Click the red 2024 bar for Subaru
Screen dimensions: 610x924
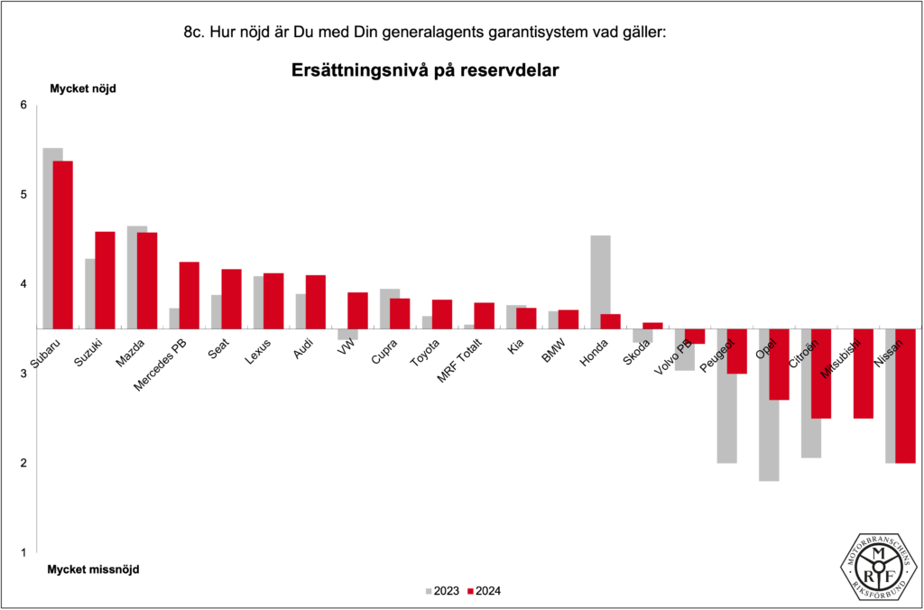click(62, 245)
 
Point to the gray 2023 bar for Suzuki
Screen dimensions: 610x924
click(89, 293)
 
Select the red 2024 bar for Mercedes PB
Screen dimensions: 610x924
click(189, 295)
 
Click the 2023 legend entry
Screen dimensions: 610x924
click(441, 591)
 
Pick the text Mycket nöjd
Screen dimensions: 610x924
click(82, 88)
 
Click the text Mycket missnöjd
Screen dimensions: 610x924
click(93, 569)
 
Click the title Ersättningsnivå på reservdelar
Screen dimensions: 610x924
click(425, 69)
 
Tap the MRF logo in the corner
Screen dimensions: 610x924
click(879, 565)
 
